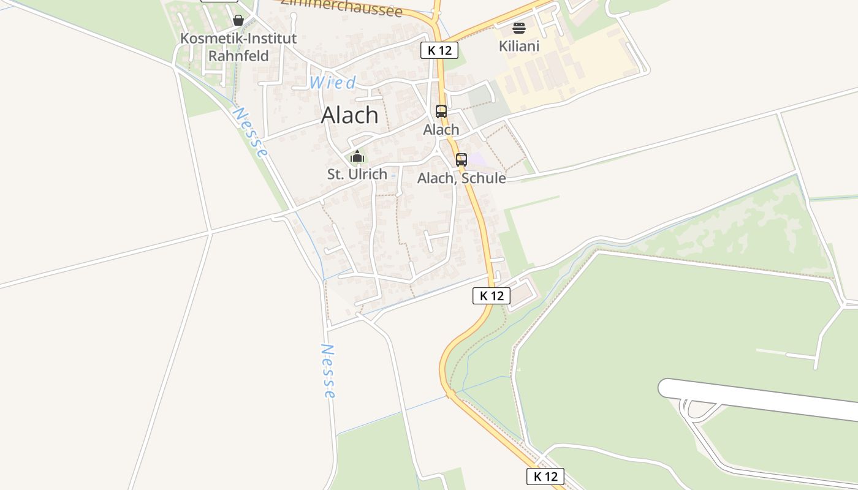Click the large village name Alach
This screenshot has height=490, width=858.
350,115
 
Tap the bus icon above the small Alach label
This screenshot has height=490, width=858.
441,111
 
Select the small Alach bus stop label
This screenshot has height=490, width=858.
441,130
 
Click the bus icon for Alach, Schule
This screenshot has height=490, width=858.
461,160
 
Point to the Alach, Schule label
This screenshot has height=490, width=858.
461,178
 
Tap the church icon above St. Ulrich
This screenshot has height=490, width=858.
357,157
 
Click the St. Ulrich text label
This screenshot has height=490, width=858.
357,174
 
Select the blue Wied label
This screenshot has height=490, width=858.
332,83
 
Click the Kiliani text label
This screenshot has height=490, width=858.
518,46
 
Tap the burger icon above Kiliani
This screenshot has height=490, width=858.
518,28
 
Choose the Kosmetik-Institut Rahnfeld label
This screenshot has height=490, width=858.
238,47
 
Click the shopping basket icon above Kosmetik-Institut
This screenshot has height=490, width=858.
238,20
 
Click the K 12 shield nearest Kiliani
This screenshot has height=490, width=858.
439,50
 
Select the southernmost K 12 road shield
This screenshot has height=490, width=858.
545,477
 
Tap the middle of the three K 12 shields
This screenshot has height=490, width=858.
492,296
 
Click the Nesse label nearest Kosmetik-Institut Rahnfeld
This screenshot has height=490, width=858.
251,132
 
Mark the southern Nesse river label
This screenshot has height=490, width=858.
328,371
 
